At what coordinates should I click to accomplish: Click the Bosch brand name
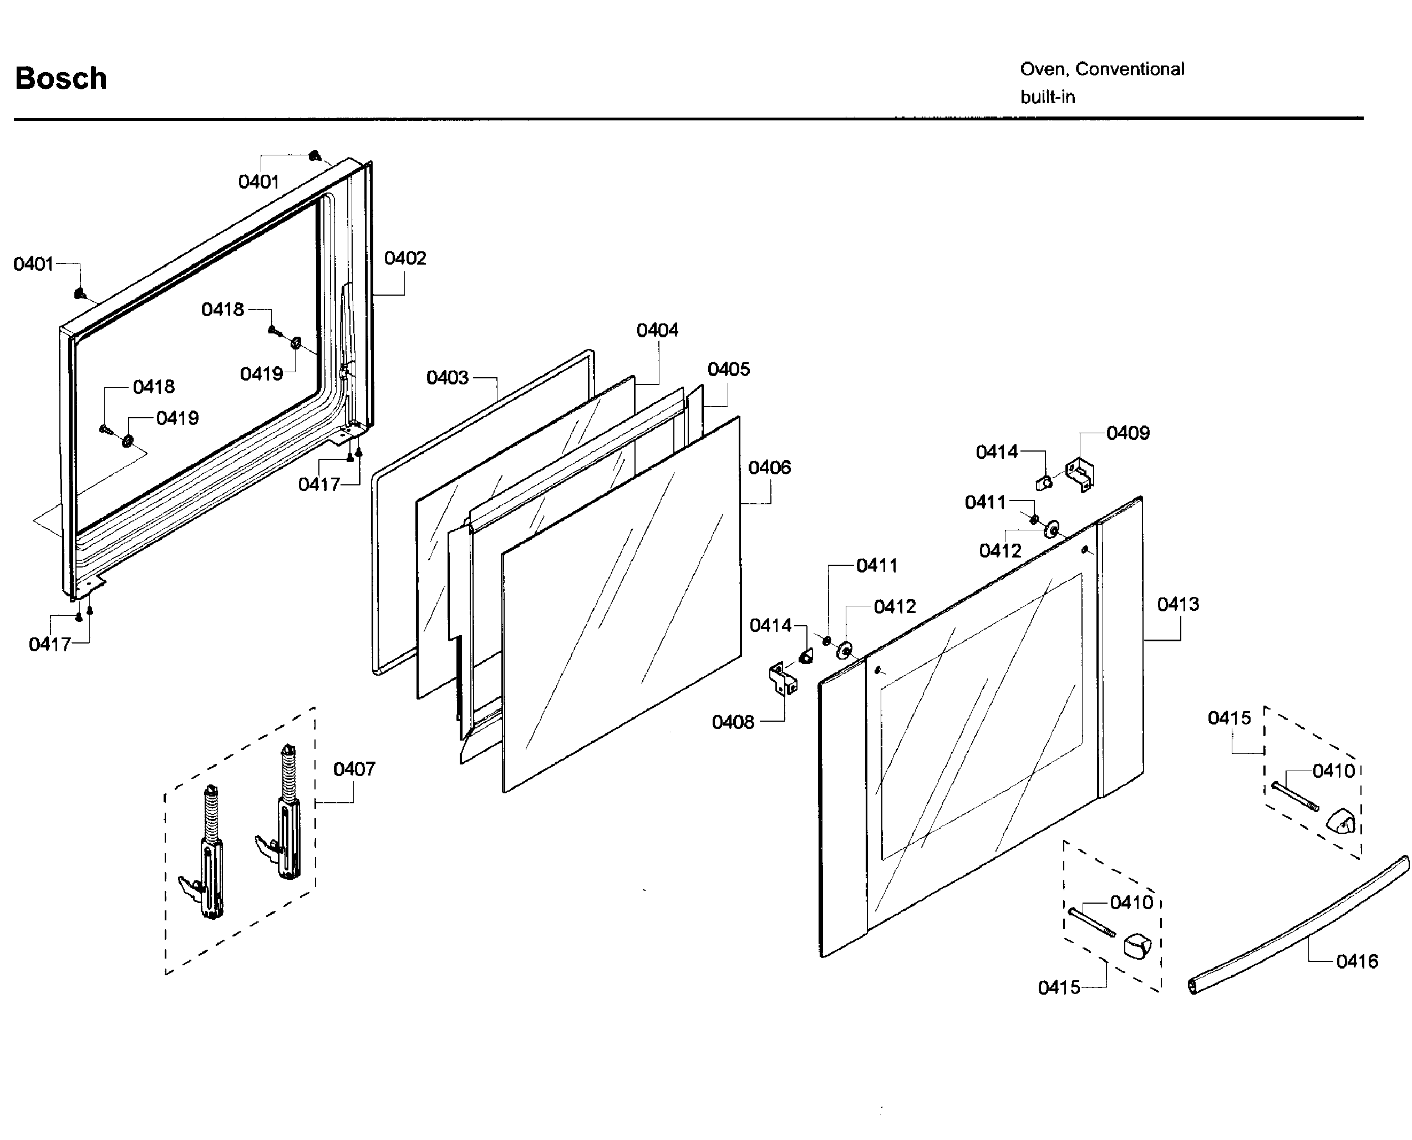click(x=61, y=78)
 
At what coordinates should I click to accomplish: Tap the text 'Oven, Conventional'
click(x=1101, y=69)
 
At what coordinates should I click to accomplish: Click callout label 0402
click(x=404, y=258)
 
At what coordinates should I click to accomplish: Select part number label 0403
click(x=447, y=378)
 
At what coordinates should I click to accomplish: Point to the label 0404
click(x=657, y=330)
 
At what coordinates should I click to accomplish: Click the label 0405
click(x=728, y=369)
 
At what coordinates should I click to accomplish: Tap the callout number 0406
click(x=769, y=468)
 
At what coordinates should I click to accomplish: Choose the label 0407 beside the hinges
click(x=354, y=769)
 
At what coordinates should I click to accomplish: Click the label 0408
click(x=733, y=722)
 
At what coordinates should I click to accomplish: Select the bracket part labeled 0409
click(x=1080, y=474)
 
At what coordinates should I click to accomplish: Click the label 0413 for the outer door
click(x=1177, y=604)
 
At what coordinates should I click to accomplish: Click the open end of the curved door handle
click(x=1193, y=985)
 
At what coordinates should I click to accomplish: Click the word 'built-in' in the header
click(x=1047, y=97)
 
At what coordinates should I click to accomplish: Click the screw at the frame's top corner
click(x=314, y=156)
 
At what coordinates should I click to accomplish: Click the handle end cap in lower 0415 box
click(x=1137, y=946)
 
